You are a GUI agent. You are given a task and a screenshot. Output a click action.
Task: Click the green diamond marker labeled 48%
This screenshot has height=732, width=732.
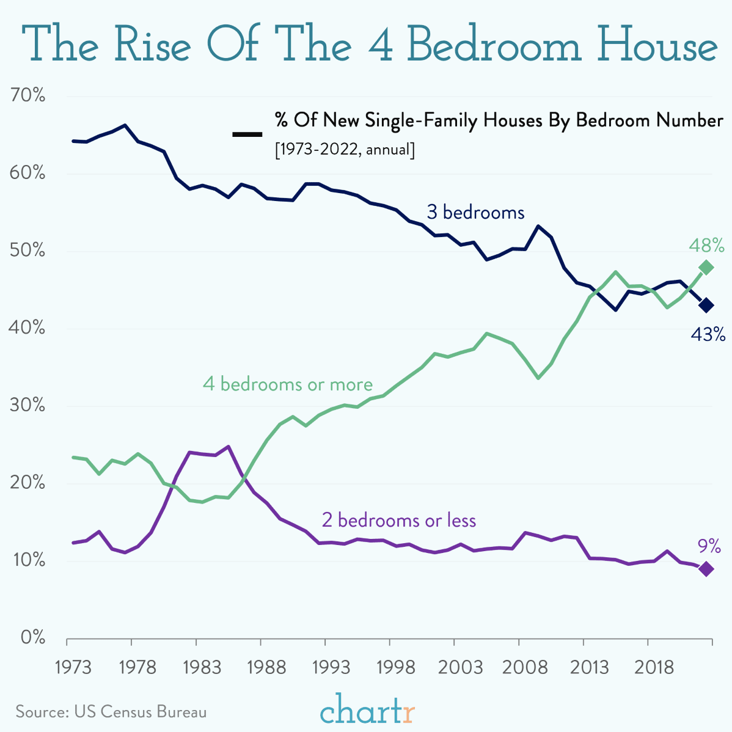706,268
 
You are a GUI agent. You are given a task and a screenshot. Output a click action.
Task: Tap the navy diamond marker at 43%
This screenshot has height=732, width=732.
706,305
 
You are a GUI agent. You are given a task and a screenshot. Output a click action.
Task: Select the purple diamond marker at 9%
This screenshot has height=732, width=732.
706,569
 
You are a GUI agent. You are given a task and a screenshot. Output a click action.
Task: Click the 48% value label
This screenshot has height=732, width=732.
706,246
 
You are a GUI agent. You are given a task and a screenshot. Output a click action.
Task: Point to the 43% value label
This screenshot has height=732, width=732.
708,334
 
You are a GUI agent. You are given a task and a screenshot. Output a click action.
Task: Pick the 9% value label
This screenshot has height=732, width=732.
709,546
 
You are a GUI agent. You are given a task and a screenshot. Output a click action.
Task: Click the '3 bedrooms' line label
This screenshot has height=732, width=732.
475,213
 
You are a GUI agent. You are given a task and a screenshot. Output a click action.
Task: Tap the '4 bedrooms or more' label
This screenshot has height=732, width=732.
288,384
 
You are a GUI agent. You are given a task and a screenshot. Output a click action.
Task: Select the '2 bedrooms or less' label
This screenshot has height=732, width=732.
398,520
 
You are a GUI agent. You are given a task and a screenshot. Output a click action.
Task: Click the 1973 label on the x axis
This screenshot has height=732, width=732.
73,667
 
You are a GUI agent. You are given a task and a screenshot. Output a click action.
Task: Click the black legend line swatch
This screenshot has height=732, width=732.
247,134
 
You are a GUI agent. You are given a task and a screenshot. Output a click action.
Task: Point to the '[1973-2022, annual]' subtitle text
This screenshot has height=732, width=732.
345,149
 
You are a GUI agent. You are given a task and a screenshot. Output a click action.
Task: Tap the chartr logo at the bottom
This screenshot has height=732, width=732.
368,711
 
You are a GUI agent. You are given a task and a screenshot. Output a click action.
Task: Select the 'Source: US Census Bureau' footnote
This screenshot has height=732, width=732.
111,712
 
